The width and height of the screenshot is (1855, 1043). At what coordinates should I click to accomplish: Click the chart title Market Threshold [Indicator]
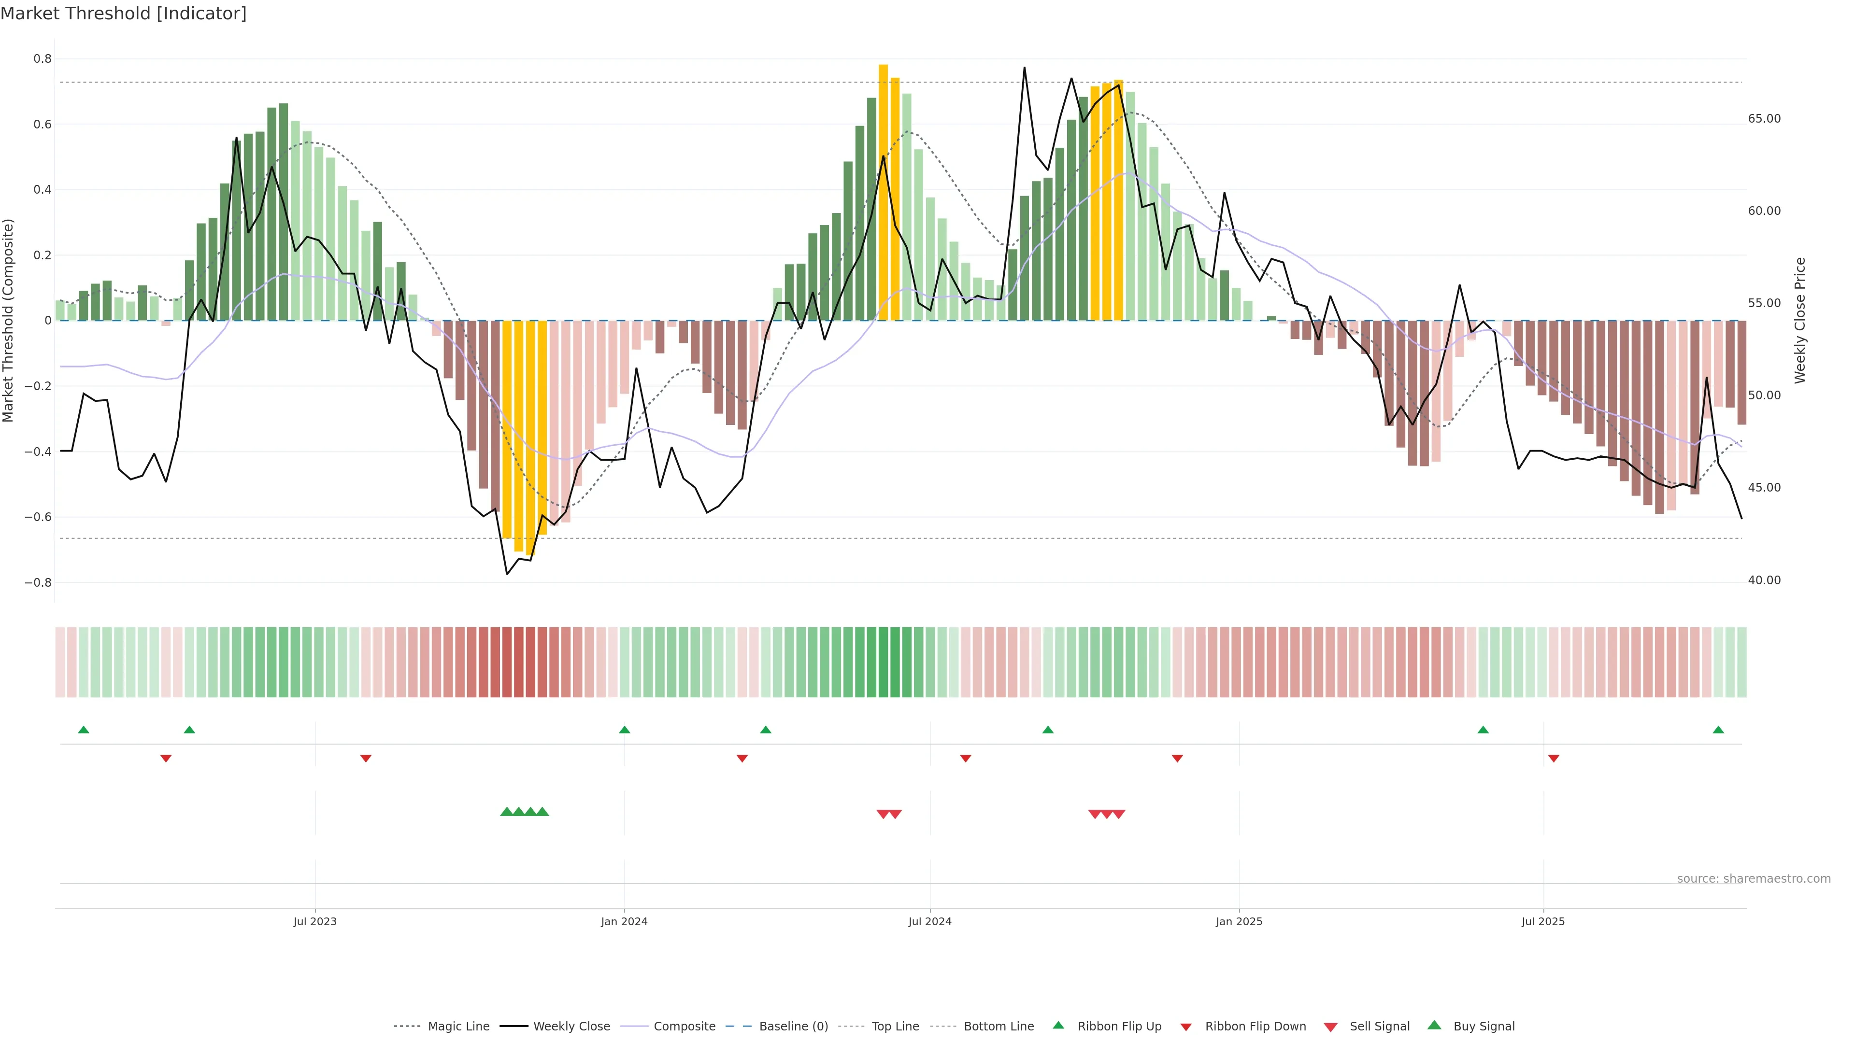[123, 14]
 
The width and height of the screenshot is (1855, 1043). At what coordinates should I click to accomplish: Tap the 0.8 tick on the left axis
[43, 59]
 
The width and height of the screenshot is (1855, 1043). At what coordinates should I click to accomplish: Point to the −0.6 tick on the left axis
[38, 517]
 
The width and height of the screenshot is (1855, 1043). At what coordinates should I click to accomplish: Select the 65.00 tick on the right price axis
[1764, 119]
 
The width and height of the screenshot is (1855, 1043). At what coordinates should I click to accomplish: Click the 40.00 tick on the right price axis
[1764, 580]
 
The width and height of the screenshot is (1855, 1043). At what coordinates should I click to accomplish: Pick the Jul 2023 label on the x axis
[314, 921]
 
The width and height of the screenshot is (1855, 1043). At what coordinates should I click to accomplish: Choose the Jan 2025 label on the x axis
[1239, 921]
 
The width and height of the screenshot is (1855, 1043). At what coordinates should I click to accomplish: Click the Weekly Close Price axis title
[1800, 320]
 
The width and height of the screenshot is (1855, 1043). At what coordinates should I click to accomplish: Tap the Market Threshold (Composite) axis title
[8, 320]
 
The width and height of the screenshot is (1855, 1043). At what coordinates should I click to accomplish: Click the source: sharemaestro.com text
[1754, 879]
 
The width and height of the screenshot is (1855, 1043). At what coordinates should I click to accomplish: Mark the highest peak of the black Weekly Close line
[1024, 69]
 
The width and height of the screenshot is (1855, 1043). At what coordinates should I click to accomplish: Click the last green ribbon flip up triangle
[1718, 730]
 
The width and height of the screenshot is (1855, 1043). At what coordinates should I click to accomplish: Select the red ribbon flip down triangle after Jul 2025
[1553, 759]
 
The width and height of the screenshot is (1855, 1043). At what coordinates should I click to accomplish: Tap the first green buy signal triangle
[506, 812]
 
